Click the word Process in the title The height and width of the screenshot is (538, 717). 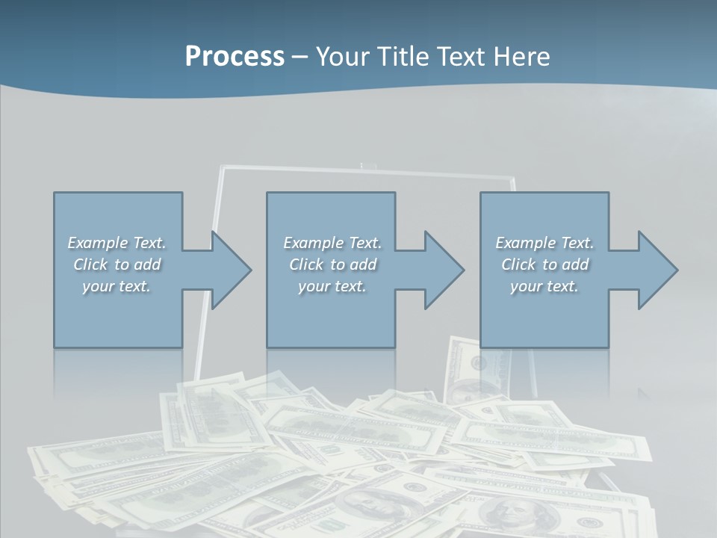point(235,57)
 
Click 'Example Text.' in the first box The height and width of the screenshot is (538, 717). point(117,243)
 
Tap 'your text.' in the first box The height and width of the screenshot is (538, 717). point(117,286)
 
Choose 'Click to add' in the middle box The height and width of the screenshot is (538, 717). point(332,265)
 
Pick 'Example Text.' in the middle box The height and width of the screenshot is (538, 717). point(332,243)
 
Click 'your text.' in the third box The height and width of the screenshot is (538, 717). point(544,286)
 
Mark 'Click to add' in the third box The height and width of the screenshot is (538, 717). point(544,265)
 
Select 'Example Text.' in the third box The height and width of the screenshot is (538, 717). point(544,243)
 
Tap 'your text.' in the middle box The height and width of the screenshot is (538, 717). point(332,286)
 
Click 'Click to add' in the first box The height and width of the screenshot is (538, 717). point(117,265)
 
